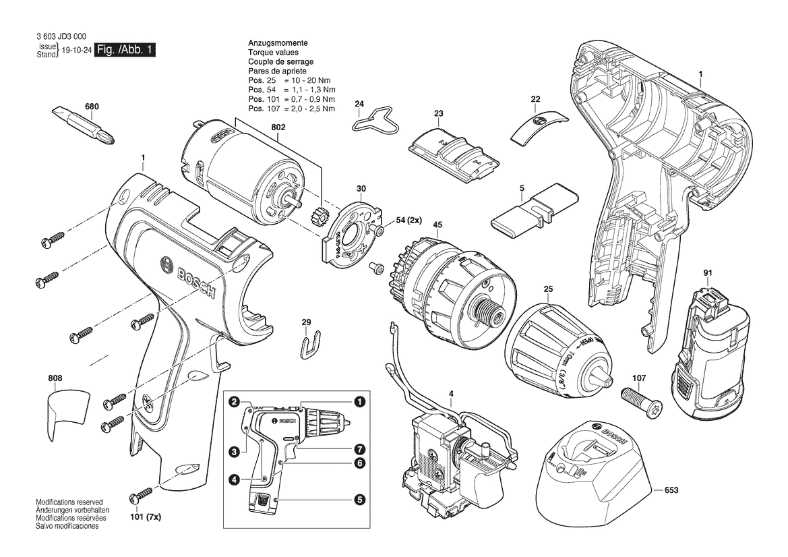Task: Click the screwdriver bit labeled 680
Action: [84, 125]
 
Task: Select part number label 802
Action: [278, 127]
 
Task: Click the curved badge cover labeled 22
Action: [539, 125]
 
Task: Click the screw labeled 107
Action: [640, 396]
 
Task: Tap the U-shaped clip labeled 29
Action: [311, 345]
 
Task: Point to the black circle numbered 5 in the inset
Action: [359, 500]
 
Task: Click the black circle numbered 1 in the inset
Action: [359, 402]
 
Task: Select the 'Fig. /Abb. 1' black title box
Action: [125, 49]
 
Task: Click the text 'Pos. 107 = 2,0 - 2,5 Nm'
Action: [291, 109]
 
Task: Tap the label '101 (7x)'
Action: [146, 517]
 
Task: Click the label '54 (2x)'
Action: [409, 221]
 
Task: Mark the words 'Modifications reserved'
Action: [69, 502]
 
